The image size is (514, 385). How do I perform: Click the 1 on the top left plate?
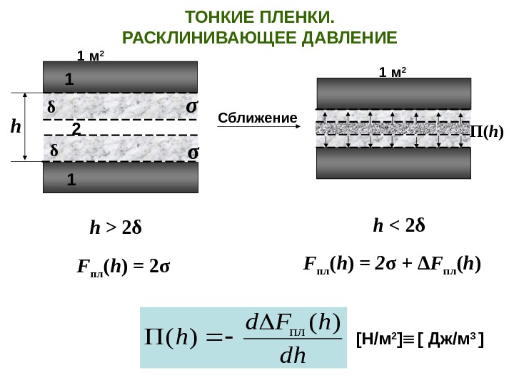(x=69, y=81)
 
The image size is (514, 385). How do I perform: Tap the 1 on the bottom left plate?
(x=69, y=181)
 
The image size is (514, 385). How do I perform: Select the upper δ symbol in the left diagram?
(x=51, y=108)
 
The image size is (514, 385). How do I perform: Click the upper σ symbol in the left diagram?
(x=191, y=105)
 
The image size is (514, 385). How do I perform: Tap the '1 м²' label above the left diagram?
(x=90, y=54)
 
